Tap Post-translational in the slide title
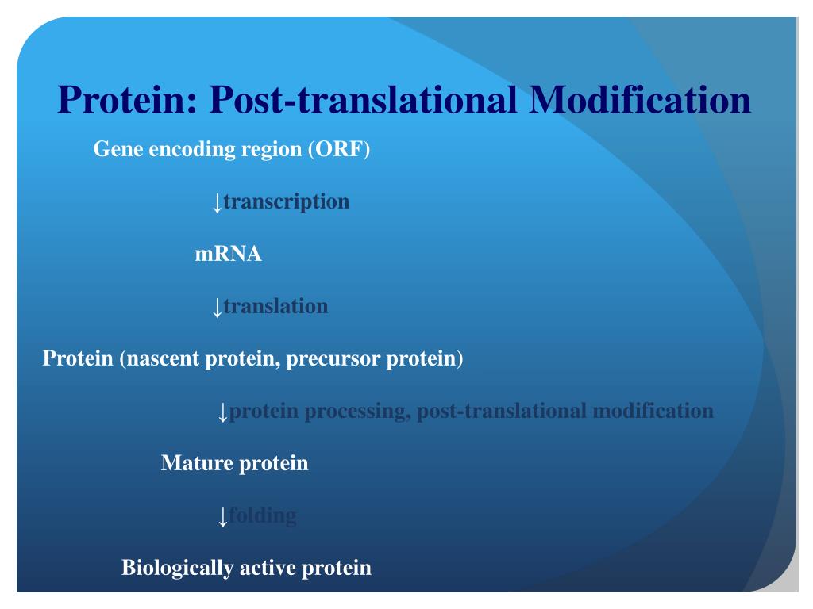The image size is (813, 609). pos(366,101)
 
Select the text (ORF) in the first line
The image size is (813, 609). pos(339,149)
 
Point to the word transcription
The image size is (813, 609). pos(286,201)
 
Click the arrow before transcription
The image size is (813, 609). pos(216,202)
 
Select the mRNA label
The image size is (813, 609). pos(228,255)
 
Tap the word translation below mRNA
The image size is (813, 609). pos(275,306)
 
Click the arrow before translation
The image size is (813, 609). pos(216,307)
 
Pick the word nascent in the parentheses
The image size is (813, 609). pos(164,358)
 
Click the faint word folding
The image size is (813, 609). pos(263,515)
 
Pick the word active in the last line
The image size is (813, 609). pos(269,568)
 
